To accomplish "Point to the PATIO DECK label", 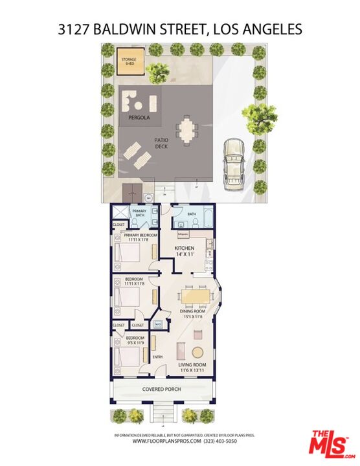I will pos(161,144).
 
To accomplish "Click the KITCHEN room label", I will pos(185,249).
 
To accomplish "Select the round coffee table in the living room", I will pos(197,353).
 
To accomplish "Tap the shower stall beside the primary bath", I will pos(119,213).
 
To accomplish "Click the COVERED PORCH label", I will pos(161,390).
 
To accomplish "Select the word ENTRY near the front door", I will pos(157,357).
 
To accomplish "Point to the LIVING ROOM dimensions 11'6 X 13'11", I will pos(192,372).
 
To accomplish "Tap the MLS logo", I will pos(328,443).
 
